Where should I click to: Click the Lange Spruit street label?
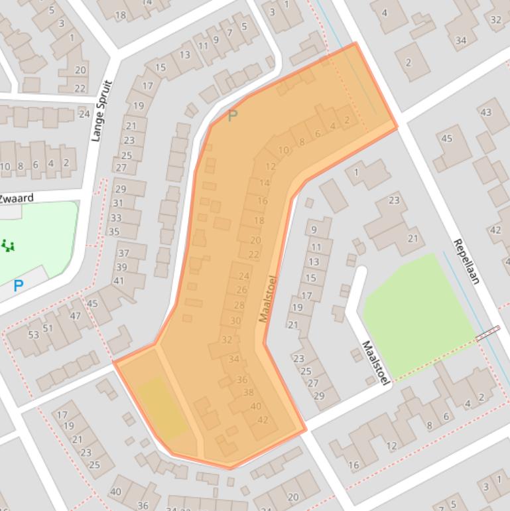coord(103,111)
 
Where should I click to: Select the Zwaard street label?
coord(16,198)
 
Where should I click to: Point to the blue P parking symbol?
coord(19,287)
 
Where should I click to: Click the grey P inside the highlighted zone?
coord(232,117)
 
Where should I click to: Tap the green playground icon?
coord(8,246)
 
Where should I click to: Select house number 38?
coord(249,392)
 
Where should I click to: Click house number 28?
coord(239,305)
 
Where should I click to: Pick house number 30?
coord(235,321)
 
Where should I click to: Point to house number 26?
coord(241,290)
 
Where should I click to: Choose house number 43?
coord(485,111)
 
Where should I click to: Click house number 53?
coord(33,334)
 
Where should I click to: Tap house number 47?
coord(75,316)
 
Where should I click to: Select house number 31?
coord(118,203)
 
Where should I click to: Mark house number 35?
coord(114,232)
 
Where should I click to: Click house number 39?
coord(121,267)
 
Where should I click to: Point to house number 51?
coord(48,328)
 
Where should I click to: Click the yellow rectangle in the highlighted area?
coord(161,407)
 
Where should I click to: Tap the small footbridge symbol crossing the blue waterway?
coord(487,334)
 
